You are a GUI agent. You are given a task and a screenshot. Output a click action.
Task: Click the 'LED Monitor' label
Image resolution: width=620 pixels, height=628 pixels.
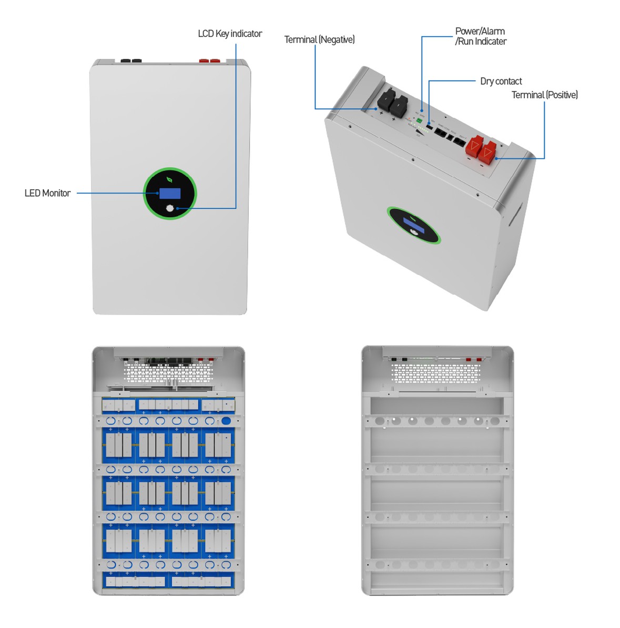[47, 193]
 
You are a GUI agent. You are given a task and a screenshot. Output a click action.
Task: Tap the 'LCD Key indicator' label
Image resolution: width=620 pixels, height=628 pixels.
[230, 34]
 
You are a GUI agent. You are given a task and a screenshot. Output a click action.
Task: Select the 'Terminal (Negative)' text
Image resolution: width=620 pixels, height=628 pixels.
[319, 39]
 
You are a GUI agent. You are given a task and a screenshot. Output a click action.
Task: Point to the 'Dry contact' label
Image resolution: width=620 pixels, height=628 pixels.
[501, 81]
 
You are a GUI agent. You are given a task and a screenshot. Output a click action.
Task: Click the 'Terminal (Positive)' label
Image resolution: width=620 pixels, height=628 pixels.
[544, 95]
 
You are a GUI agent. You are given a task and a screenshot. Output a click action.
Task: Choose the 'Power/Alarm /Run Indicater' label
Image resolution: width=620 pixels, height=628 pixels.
[480, 36]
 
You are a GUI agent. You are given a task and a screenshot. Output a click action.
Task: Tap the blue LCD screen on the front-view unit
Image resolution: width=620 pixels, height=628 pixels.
[170, 193]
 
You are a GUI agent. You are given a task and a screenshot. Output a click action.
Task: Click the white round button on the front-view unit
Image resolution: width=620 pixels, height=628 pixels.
[169, 208]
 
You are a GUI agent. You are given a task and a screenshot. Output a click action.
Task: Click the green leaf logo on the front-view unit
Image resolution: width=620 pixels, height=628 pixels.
[169, 179]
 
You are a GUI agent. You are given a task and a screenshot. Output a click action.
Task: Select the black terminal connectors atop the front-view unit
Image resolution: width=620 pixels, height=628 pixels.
[131, 61]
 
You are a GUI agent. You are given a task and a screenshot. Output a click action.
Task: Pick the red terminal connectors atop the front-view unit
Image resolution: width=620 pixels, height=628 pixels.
[210, 61]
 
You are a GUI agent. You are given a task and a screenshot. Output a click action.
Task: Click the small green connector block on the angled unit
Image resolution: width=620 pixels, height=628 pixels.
[419, 121]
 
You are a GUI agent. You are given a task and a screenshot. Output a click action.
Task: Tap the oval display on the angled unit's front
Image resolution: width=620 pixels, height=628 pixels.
[414, 225]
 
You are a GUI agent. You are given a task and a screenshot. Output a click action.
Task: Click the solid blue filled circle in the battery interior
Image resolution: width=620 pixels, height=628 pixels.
[226, 421]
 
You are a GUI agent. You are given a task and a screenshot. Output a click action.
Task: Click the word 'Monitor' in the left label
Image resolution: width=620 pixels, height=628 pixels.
[57, 193]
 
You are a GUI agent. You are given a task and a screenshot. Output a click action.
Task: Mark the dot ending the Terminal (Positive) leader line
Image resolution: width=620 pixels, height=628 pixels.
[496, 158]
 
